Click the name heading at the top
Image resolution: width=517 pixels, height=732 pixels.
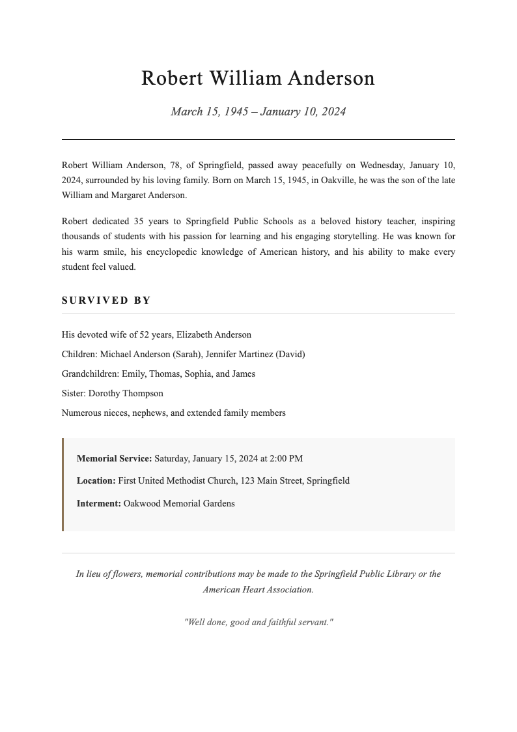(x=258, y=78)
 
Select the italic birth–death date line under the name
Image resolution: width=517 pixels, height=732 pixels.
(x=258, y=111)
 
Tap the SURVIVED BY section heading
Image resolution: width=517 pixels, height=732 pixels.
(x=106, y=300)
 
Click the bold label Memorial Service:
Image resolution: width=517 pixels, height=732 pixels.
(x=114, y=458)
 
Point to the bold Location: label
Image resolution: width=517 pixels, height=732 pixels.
(x=96, y=481)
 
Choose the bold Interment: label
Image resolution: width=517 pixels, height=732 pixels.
(x=98, y=504)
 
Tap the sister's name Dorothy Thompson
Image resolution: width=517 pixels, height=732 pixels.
(x=126, y=394)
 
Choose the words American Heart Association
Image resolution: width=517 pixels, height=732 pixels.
(x=258, y=589)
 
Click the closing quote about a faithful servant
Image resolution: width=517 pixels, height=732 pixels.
(x=258, y=622)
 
